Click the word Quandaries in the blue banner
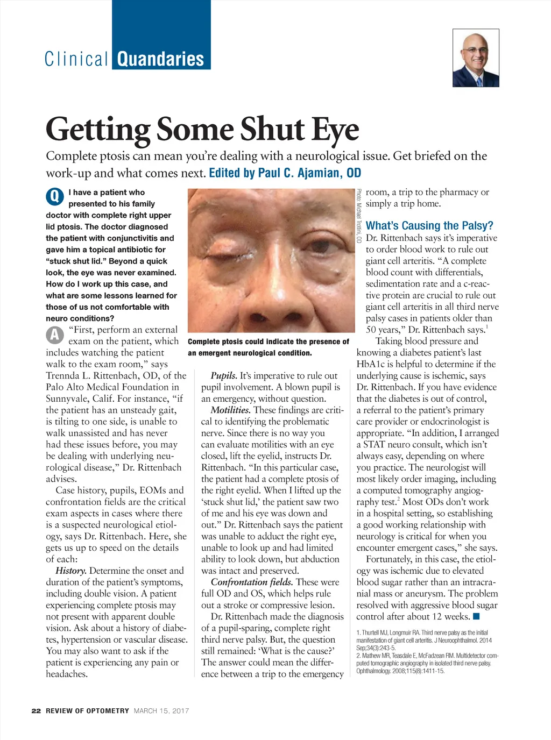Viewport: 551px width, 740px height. click(x=160, y=59)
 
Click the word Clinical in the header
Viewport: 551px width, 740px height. click(x=76, y=59)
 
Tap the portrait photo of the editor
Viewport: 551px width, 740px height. click(x=476, y=58)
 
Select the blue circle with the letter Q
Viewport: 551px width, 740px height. click(x=54, y=197)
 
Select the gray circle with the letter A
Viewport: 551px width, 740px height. click(x=54, y=335)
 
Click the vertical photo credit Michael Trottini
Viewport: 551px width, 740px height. click(x=359, y=216)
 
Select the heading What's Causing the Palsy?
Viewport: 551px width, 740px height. click(x=429, y=225)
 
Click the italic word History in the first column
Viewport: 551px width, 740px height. click(x=70, y=571)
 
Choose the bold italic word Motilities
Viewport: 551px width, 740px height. click(x=230, y=410)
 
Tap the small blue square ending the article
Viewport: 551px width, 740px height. click(x=476, y=616)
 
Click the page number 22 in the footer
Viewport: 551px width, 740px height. click(x=36, y=710)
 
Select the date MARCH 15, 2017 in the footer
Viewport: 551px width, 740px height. click(x=161, y=710)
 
